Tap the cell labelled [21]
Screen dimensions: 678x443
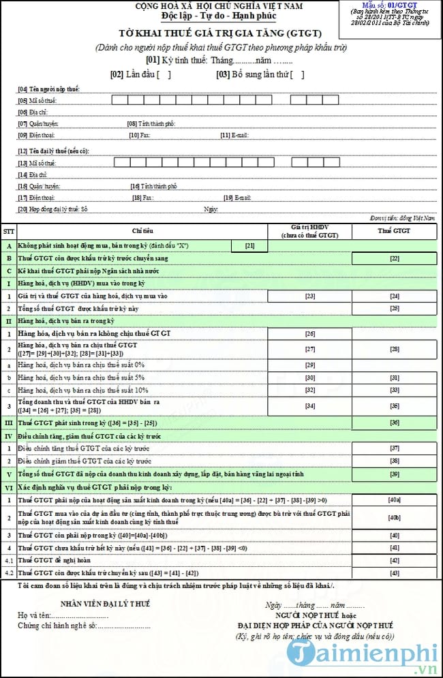(x=249, y=245)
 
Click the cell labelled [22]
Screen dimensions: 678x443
(x=395, y=259)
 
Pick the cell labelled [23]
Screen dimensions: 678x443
(x=310, y=296)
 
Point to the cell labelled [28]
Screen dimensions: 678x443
(x=395, y=349)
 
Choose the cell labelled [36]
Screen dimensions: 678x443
(x=395, y=422)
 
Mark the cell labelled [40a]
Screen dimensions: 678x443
(x=395, y=500)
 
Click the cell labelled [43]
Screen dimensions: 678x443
(x=395, y=573)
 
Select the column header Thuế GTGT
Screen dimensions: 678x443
(x=395, y=231)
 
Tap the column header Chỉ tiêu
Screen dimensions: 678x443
(x=142, y=231)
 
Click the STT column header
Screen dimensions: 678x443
(x=9, y=231)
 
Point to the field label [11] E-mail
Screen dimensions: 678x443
(x=235, y=136)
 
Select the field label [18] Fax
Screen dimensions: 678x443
(x=142, y=198)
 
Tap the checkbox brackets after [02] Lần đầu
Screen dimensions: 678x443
(x=164, y=75)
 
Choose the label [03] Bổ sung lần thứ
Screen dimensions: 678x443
(x=253, y=75)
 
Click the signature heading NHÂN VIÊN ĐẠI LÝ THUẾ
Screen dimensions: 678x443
(x=105, y=604)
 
